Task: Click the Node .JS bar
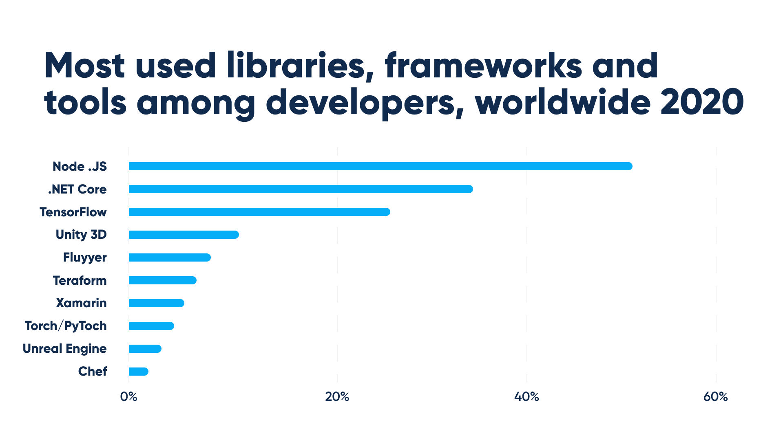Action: pos(380,166)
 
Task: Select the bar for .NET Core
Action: pos(301,189)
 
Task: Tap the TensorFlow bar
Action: pos(259,212)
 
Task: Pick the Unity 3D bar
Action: pos(184,235)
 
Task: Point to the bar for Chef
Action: pos(138,372)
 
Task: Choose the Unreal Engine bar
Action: pos(145,349)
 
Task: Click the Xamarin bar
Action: pos(156,303)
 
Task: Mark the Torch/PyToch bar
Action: pos(151,326)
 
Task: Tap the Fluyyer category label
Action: pos(85,257)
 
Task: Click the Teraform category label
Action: pos(80,280)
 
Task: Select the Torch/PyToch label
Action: pos(66,326)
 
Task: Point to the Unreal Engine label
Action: pos(64,349)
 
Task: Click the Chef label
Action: pos(93,372)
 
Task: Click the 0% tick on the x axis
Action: pos(128,397)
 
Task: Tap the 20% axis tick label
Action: pos(337,397)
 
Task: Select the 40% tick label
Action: pos(526,397)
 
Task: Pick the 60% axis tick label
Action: pos(716,397)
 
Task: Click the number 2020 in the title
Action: pos(702,102)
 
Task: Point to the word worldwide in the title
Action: pos(563,102)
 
